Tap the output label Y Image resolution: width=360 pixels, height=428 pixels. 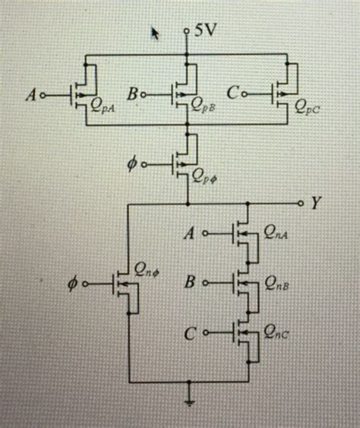(316, 203)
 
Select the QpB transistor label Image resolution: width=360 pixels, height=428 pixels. (205, 107)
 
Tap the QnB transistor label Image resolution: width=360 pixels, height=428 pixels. (278, 286)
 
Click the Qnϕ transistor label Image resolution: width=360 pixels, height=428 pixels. (147, 269)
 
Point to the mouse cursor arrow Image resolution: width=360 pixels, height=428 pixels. (156, 33)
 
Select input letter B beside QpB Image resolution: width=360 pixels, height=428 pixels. (132, 95)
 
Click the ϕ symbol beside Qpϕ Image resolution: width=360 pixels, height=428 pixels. (134, 163)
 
